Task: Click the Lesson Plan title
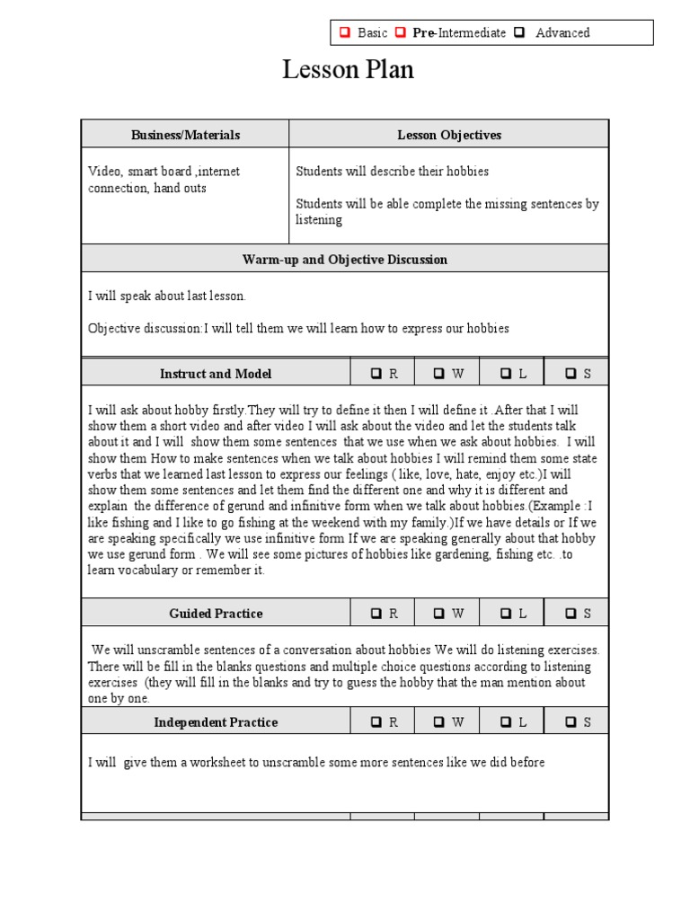(x=348, y=69)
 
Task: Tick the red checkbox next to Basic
(x=344, y=33)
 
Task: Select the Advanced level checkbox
(x=520, y=33)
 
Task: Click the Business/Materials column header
(x=185, y=135)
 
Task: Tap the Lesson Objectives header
(x=449, y=135)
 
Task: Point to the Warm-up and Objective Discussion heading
(x=345, y=260)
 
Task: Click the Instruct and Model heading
(x=216, y=374)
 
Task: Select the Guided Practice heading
(x=216, y=614)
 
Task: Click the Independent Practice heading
(x=216, y=722)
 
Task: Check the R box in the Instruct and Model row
(x=376, y=374)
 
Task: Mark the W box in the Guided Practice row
(x=439, y=614)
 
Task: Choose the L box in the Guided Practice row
(x=506, y=614)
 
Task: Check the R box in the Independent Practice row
(x=376, y=722)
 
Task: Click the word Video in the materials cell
(x=104, y=172)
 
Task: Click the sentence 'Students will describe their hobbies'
(x=393, y=172)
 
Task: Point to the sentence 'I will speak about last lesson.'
(x=166, y=296)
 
